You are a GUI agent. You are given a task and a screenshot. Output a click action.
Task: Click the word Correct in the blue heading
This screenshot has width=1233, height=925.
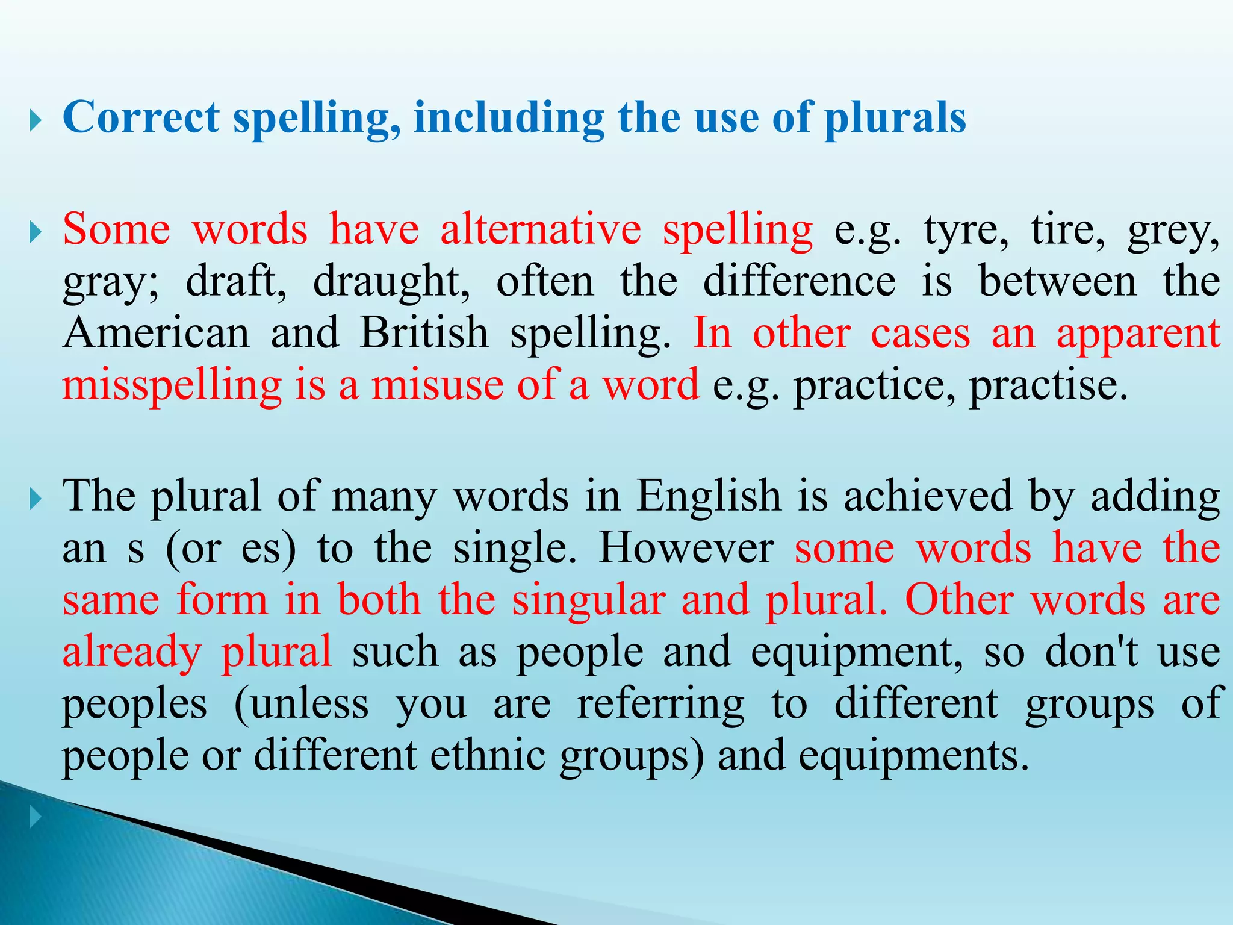141,117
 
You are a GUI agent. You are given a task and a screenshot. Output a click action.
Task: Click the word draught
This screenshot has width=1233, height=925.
391,282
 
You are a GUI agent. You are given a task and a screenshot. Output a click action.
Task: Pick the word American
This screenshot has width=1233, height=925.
156,333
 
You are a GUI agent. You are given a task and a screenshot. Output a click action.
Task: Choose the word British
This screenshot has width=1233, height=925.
424,333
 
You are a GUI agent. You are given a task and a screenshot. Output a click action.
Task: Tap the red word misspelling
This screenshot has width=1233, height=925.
172,385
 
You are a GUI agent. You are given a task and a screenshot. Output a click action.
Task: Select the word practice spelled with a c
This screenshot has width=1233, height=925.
873,385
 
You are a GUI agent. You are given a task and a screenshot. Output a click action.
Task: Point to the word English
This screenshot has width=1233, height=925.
709,497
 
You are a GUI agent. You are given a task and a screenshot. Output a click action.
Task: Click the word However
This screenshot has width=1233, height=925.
686,549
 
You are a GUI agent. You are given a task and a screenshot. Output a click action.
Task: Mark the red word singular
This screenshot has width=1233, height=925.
589,600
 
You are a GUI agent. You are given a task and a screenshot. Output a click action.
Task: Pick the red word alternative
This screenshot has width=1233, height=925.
541,229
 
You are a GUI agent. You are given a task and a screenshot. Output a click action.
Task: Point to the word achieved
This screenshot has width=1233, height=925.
928,497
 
